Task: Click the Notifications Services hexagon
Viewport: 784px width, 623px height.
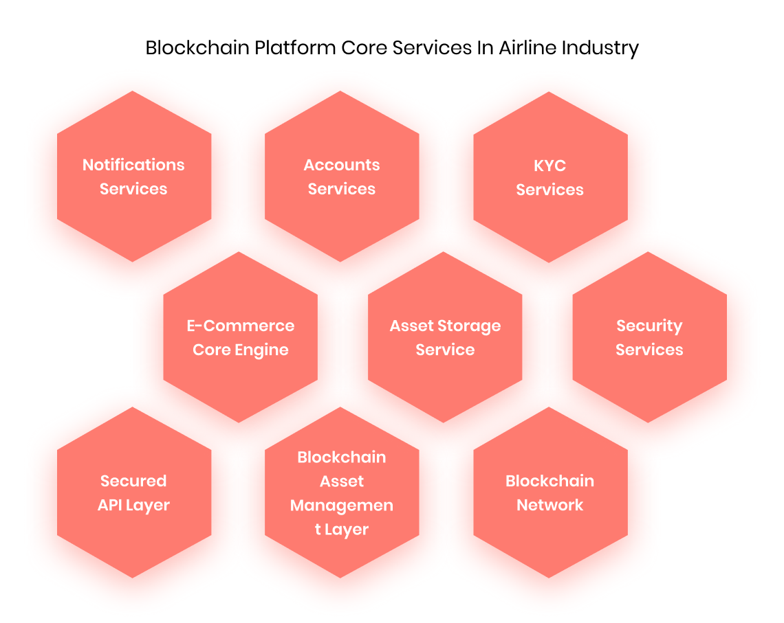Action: [133, 177]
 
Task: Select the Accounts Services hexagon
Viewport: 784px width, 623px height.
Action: [342, 177]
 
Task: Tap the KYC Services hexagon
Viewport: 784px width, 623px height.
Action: [550, 177]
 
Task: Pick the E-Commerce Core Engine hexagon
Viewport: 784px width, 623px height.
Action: [240, 337]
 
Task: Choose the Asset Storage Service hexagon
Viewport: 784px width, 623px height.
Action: [445, 337]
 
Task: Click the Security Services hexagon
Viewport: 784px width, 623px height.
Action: [649, 337]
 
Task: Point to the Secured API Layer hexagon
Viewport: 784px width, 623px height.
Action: [133, 492]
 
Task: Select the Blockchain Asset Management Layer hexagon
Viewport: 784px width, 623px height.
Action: [342, 492]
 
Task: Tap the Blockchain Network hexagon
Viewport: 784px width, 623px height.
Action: [550, 492]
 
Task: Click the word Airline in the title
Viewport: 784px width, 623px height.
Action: [527, 48]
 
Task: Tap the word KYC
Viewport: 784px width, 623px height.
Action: [550, 166]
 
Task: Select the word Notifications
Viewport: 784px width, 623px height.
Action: [133, 165]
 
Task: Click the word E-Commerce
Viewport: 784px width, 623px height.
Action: [240, 326]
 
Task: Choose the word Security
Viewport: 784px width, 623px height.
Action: [649, 326]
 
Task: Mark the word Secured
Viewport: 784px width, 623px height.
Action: [133, 481]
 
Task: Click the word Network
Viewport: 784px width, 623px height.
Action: [550, 505]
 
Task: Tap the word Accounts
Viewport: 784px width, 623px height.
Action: [342, 165]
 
